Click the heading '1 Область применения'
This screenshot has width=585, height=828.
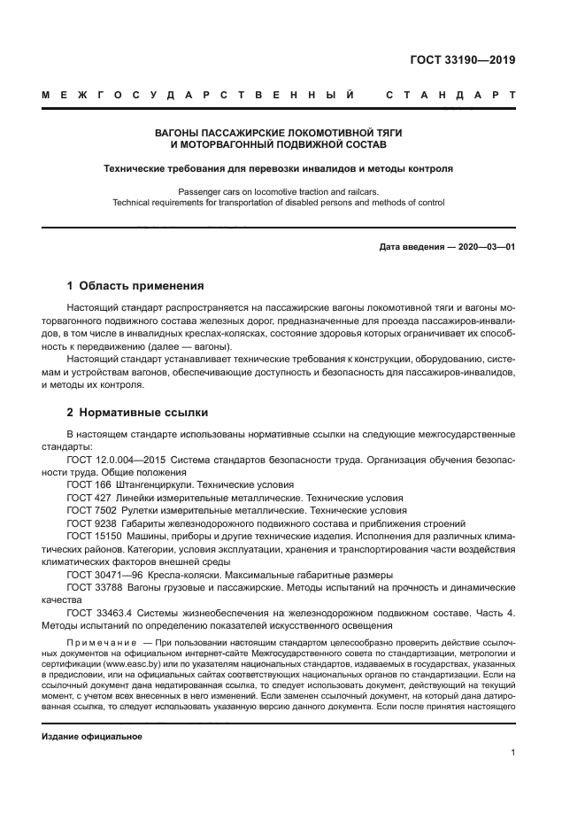[135, 286]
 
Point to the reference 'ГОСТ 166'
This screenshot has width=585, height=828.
[89, 486]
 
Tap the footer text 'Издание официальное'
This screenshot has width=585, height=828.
[92, 736]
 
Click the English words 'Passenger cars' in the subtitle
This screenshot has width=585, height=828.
[209, 190]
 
